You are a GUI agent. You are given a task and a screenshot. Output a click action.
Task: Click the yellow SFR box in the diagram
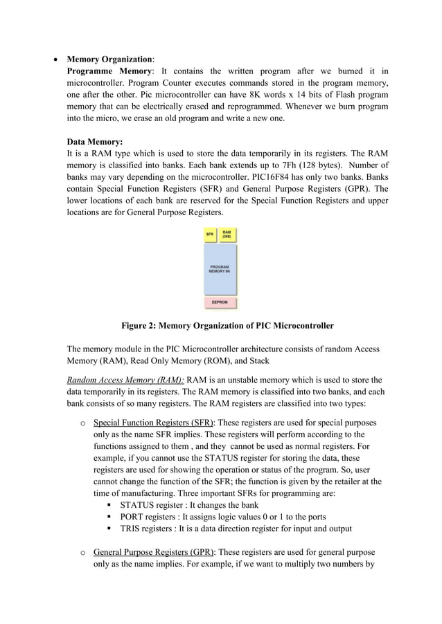(x=209, y=235)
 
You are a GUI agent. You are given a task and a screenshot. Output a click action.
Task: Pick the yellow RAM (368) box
(x=227, y=235)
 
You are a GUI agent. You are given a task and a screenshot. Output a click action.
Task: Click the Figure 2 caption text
(x=227, y=325)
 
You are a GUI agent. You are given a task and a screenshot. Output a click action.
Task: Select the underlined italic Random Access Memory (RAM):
(x=125, y=380)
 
